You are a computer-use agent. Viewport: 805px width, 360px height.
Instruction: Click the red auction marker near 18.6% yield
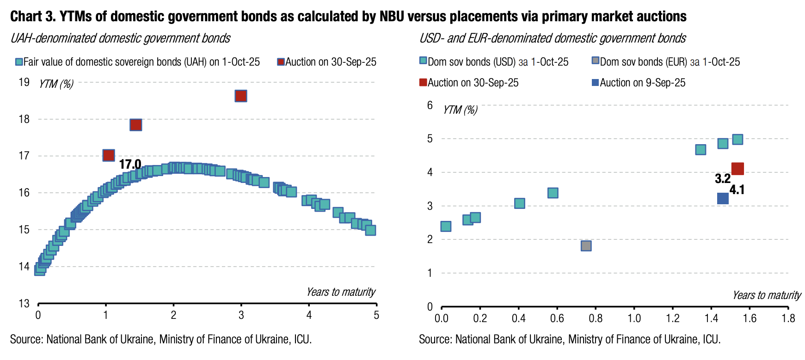click(240, 96)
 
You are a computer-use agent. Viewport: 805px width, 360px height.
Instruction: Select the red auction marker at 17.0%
click(108, 155)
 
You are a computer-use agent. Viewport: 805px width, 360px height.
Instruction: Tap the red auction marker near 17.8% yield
click(135, 125)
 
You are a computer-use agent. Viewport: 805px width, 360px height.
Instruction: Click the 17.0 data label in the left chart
click(130, 164)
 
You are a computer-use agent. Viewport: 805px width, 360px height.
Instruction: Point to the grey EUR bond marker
click(586, 245)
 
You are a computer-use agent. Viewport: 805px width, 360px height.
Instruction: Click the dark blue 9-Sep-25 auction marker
click(723, 198)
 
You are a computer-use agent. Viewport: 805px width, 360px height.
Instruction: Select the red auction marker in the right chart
click(737, 169)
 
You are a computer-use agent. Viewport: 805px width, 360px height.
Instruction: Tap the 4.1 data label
click(737, 189)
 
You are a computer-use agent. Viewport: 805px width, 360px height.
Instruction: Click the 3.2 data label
click(722, 178)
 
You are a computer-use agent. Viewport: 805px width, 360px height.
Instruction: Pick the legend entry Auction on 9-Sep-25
click(642, 83)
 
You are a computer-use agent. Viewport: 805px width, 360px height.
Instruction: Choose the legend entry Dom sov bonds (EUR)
click(670, 61)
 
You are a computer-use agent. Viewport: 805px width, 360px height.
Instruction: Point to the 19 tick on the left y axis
click(24, 82)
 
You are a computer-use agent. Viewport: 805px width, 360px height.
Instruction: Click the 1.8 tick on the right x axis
click(788, 318)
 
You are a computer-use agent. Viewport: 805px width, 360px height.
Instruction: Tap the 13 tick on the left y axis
click(24, 304)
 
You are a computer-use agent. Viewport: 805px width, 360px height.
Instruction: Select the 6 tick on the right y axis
click(430, 105)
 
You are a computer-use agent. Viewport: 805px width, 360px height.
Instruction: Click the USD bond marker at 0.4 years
click(519, 203)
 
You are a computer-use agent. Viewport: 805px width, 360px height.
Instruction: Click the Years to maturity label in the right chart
click(766, 295)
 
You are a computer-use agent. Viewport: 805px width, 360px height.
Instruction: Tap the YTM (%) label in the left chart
click(56, 84)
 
